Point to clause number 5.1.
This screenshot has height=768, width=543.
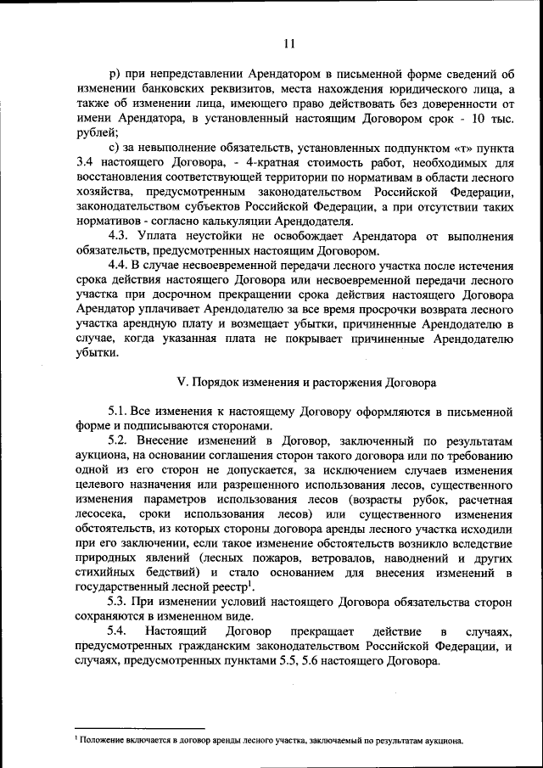[x=120, y=411]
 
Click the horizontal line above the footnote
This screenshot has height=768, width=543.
[x=140, y=728]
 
